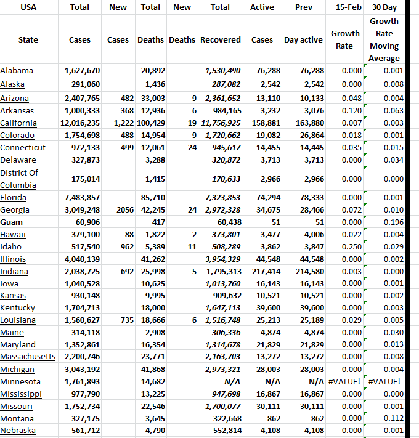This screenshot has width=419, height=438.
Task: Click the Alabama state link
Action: (17, 71)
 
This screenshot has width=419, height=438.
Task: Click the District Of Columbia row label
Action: (20, 179)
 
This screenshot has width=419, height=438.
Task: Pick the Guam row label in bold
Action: (12, 222)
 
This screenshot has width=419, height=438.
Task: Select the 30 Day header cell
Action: (384, 7)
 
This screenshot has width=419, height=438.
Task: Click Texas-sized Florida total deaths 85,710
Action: (153, 198)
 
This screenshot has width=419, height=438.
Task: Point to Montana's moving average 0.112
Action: (393, 419)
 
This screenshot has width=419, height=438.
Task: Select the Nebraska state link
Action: (18, 431)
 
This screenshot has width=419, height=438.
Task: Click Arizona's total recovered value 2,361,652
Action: (222, 99)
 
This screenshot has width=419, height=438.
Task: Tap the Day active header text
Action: (303, 40)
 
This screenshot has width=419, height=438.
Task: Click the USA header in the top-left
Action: (28, 7)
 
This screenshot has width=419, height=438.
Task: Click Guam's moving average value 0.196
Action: (393, 222)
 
